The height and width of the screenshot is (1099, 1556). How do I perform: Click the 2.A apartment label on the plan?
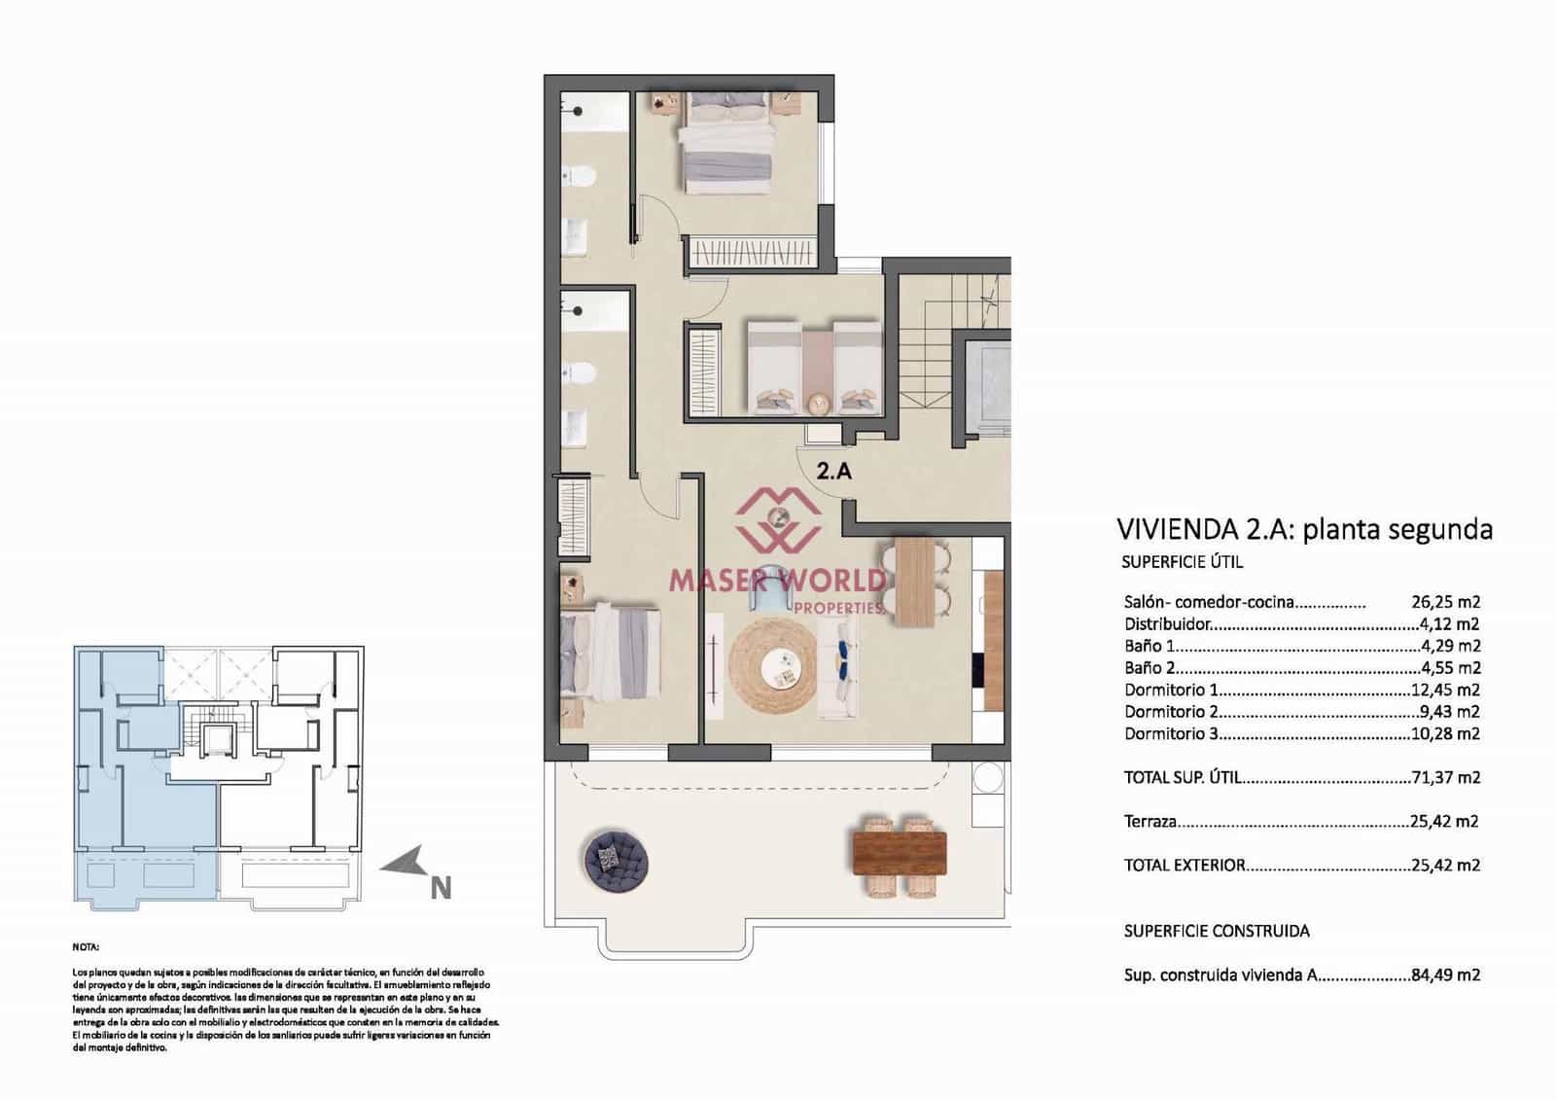tap(833, 472)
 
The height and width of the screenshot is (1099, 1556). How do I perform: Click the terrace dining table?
tap(899, 853)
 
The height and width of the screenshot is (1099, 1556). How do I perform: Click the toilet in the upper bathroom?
tap(581, 176)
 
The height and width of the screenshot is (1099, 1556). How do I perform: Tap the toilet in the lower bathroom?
tap(581, 372)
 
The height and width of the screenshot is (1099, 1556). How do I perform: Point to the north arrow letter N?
tap(441, 888)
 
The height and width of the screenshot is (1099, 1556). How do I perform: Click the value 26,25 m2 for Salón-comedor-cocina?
tap(1445, 602)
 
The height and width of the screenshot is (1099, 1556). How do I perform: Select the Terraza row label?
tap(1150, 822)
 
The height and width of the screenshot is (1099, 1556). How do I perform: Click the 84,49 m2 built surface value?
tap(1445, 975)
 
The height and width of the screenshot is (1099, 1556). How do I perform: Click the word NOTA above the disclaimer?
tap(86, 945)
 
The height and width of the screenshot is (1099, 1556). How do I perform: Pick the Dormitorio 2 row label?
tap(1171, 712)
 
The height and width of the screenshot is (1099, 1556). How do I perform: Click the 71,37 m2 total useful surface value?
tap(1445, 778)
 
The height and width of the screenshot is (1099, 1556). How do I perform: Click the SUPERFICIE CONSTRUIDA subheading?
tap(1216, 931)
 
